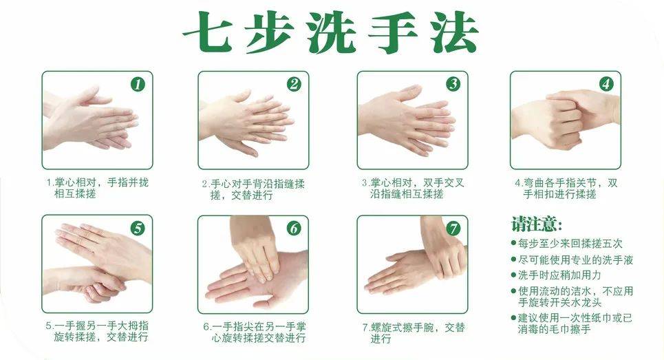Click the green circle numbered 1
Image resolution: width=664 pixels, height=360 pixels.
pos(138,84)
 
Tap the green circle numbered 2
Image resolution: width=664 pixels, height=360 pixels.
pos(294,84)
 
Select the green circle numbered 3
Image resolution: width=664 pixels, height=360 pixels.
pos(453,84)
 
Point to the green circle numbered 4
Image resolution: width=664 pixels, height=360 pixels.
pos(606,84)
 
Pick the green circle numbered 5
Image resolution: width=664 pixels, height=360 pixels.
pos(138,229)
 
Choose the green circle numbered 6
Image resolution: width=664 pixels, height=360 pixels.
pos(294,229)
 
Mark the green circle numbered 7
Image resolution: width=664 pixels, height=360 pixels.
pos(453,229)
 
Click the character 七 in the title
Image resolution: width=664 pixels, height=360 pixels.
pos(208,32)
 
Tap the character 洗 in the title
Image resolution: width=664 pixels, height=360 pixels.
pos(332,32)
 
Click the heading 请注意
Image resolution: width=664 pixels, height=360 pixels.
pos(537,224)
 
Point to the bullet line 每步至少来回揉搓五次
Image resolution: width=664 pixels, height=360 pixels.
pos(566,244)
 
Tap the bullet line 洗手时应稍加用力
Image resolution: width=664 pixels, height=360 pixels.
pos(556,275)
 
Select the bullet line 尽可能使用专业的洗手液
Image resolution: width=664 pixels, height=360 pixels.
pos(572,260)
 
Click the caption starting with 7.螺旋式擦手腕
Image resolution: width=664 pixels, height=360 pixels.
pos(414,333)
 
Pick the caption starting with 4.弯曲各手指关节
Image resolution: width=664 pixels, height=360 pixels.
pos(566,189)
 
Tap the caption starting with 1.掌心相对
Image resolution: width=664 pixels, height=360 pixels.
pos(98,188)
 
